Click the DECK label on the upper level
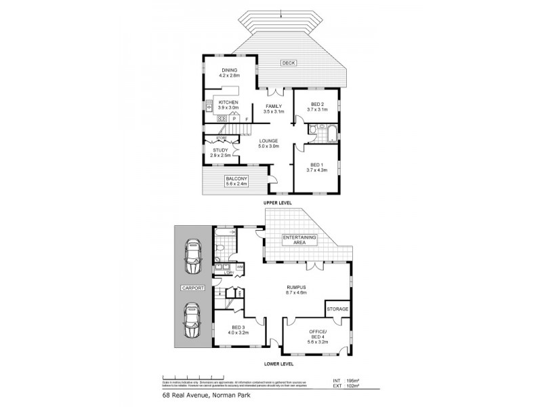point(289,64)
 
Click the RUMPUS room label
point(295,290)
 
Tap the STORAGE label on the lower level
point(338,309)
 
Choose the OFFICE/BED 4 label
point(318,334)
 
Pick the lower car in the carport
point(193,317)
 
